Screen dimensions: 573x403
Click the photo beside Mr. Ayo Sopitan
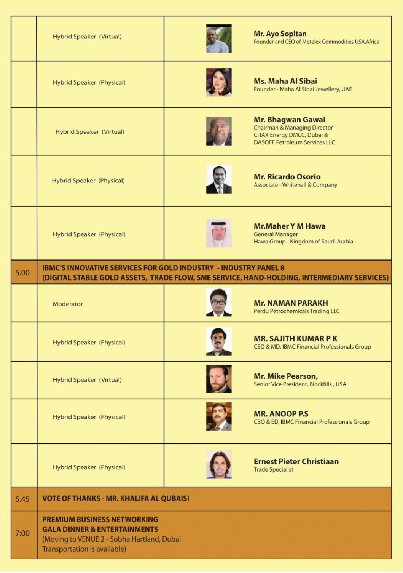tap(219, 39)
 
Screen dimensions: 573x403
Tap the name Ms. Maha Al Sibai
tap(285, 81)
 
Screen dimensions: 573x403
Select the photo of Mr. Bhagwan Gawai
tap(219, 131)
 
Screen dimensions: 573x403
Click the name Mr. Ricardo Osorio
tap(287, 177)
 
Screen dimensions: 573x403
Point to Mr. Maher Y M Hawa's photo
tap(219, 233)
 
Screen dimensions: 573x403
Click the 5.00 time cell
tap(23, 273)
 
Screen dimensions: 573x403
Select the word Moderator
tap(68, 304)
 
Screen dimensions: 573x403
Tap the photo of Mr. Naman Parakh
tap(219, 303)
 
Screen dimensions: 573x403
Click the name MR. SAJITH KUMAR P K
tap(295, 339)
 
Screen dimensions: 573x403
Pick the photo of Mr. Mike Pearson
tap(219, 379)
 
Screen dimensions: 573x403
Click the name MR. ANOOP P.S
tap(281, 414)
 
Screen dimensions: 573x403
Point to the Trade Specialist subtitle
tap(274, 470)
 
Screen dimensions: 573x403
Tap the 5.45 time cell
tap(22, 499)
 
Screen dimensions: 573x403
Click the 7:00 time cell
tap(22, 533)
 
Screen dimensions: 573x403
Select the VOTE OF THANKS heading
tap(116, 499)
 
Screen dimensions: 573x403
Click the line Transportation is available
tap(84, 549)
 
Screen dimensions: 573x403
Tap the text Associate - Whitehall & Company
tap(295, 185)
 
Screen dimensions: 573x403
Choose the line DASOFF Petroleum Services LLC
tap(294, 142)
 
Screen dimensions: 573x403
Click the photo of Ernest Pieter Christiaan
tap(219, 464)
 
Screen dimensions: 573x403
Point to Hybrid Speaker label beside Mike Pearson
tap(87, 380)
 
